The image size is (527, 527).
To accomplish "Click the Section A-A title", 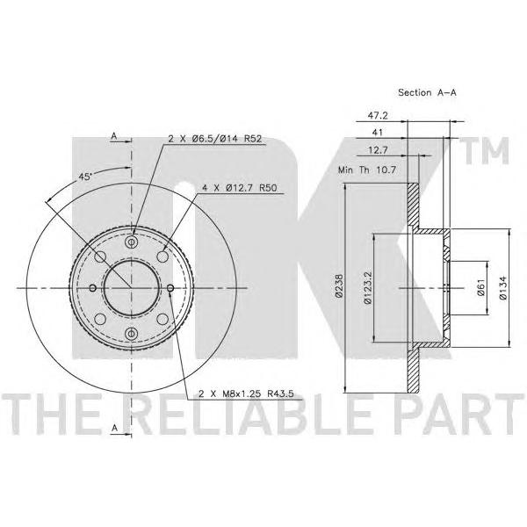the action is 427,92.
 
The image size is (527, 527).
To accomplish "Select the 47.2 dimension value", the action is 378,116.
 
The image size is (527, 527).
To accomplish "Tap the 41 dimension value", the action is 378,133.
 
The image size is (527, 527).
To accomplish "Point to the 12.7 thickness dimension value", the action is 378,150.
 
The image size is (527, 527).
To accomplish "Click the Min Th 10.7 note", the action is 367,170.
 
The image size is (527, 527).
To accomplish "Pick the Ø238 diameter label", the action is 339,285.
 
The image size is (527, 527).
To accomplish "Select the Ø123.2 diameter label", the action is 368,288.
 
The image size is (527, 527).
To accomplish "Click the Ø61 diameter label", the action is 480,287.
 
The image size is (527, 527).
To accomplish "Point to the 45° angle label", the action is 85,177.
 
